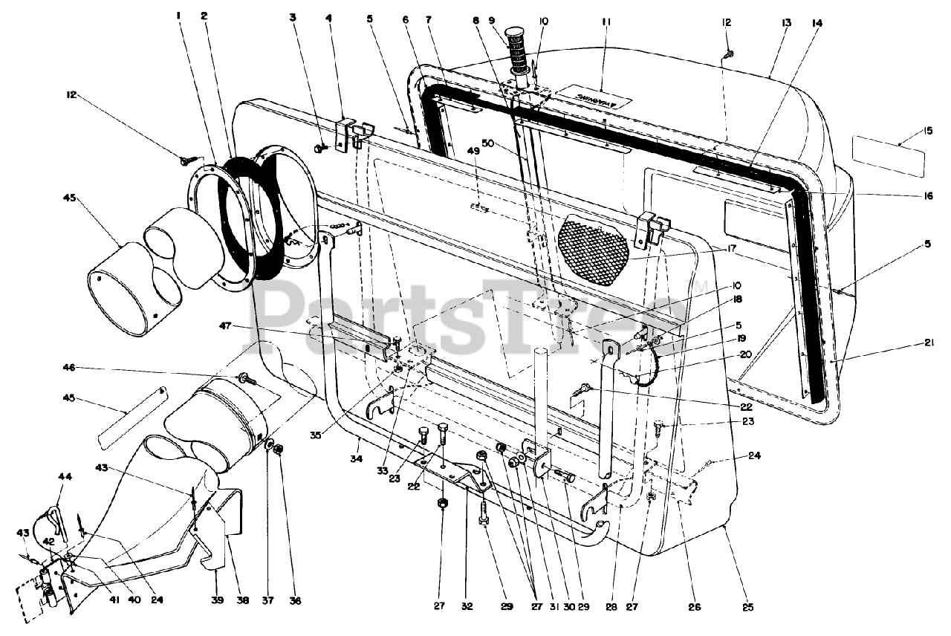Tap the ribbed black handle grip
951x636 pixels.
click(x=515, y=52)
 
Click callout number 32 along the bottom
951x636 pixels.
click(x=466, y=606)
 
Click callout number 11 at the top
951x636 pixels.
click(x=606, y=23)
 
